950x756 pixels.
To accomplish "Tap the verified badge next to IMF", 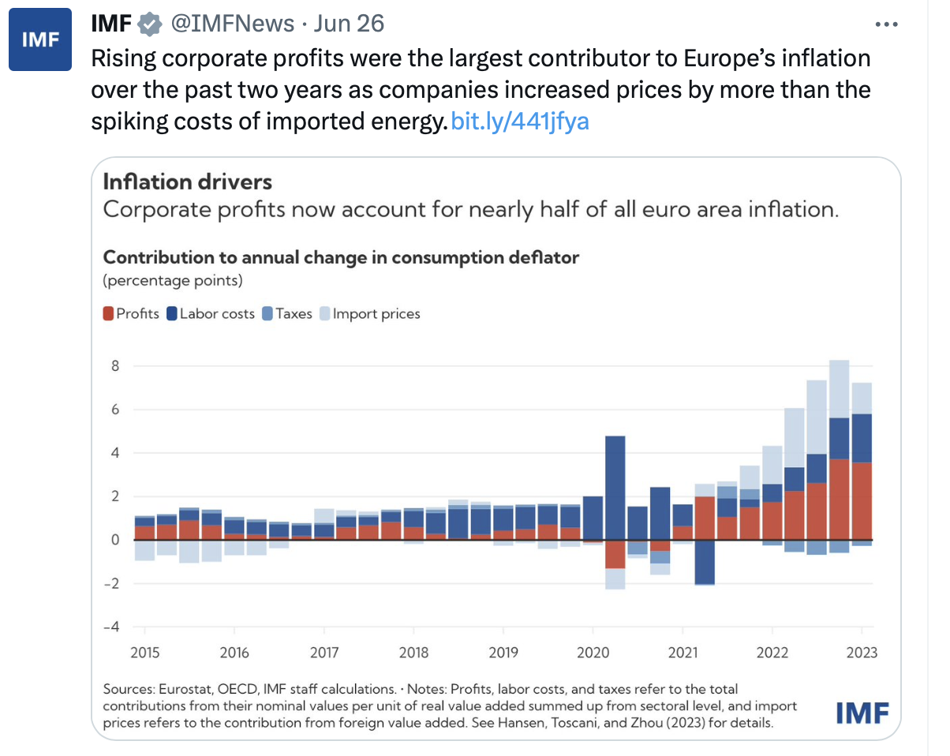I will (x=149, y=24).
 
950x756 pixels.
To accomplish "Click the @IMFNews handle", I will (x=233, y=24).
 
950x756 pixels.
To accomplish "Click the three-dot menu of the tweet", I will (x=887, y=24).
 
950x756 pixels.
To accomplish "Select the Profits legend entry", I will (x=131, y=313).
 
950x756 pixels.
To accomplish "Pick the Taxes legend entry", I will (x=287, y=313).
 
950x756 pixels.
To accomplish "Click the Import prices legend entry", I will (x=369, y=313).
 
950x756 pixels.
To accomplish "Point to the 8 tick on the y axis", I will (x=114, y=366).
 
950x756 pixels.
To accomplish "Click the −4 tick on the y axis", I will (x=112, y=627).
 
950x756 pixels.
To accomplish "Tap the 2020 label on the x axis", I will (x=593, y=653).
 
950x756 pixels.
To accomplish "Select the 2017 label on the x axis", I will (x=324, y=653).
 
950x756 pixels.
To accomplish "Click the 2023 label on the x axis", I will (x=860, y=653).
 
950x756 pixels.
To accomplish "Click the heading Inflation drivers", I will (x=188, y=182).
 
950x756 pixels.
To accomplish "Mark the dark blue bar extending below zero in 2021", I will (x=705, y=562).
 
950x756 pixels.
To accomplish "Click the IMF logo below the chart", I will (x=862, y=713).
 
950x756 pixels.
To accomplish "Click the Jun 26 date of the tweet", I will (x=349, y=24).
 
